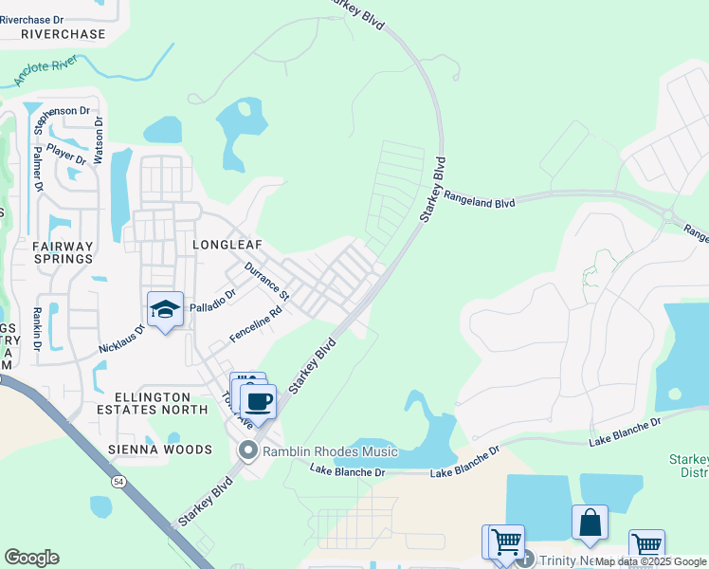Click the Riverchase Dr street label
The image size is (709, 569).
[45, 18]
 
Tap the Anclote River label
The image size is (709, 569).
[45, 73]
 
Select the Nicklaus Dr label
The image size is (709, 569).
[122, 340]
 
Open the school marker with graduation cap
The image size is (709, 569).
[165, 310]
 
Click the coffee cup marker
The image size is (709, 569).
[259, 400]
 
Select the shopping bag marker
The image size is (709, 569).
[590, 523]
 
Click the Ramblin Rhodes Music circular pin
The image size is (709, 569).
[249, 450]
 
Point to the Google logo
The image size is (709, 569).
[31, 558]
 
